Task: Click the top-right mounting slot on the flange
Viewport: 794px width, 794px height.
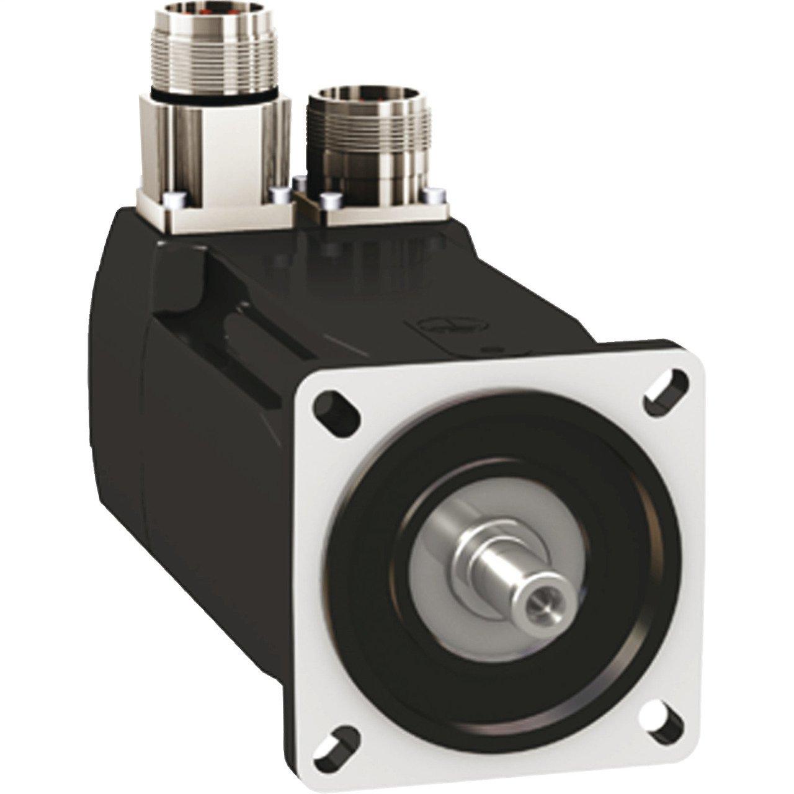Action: [x=667, y=388]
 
